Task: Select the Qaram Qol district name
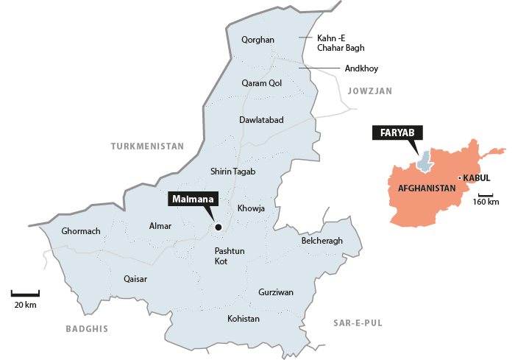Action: click(x=262, y=83)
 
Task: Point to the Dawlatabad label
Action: click(x=261, y=119)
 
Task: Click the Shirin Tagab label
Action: click(x=232, y=172)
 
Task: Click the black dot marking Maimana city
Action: click(x=218, y=227)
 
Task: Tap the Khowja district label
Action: click(x=251, y=208)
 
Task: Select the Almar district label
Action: click(x=160, y=226)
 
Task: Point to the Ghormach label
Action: click(x=81, y=231)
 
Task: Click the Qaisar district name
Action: click(x=135, y=279)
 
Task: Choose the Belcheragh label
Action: click(x=322, y=241)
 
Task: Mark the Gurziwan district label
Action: click(x=276, y=292)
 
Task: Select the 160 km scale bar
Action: click(x=485, y=194)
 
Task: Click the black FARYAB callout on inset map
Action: click(x=398, y=133)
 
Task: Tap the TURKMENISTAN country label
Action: click(x=147, y=147)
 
